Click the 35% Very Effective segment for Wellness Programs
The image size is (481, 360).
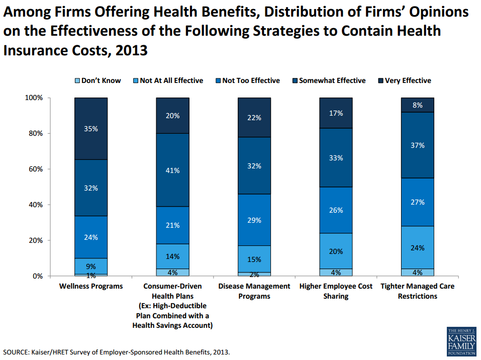[91, 129]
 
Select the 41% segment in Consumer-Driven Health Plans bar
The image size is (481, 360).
[172, 170]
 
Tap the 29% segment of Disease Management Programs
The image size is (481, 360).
[254, 220]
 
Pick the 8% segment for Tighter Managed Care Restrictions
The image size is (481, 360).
[417, 105]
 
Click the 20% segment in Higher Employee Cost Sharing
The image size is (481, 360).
[336, 251]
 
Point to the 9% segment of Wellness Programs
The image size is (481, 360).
[91, 266]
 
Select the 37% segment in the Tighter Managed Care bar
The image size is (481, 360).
[417, 145]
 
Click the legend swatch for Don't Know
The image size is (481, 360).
[77, 81]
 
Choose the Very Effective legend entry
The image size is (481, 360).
[408, 80]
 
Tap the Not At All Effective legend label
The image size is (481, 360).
[171, 80]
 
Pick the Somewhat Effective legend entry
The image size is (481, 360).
[332, 80]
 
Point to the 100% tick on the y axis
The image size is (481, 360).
[34, 98]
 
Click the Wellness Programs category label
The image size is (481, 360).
[91, 286]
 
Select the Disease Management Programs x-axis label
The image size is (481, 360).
[254, 291]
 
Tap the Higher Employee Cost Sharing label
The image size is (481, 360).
[336, 291]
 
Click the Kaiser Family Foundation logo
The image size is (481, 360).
[460, 341]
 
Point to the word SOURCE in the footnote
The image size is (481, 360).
[17, 352]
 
